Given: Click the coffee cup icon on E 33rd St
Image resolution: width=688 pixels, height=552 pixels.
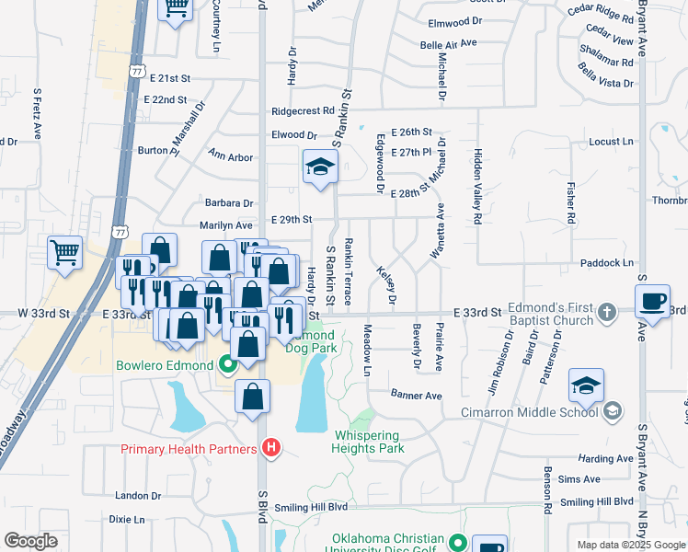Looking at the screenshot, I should tap(653, 302).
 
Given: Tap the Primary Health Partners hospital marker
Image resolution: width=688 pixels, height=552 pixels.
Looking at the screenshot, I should tap(271, 449).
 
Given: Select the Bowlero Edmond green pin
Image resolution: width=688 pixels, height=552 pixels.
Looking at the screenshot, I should tap(226, 365).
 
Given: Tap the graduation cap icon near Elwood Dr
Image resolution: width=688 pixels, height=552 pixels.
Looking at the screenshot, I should tap(320, 167).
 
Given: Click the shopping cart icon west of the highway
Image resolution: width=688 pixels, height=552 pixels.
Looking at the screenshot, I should tap(64, 252).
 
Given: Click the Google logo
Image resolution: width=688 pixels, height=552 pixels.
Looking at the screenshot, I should tap(30, 540).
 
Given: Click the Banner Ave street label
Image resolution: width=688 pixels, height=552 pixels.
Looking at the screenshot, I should tap(417, 396).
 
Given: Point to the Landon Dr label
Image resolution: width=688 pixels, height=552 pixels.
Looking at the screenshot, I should tap(138, 495).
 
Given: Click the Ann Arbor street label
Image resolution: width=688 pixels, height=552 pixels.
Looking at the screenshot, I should tap(230, 156).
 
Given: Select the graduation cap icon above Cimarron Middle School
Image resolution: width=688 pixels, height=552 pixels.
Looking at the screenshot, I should tap(586, 385).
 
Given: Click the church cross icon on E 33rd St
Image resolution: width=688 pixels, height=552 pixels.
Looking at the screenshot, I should tap(606, 313).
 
